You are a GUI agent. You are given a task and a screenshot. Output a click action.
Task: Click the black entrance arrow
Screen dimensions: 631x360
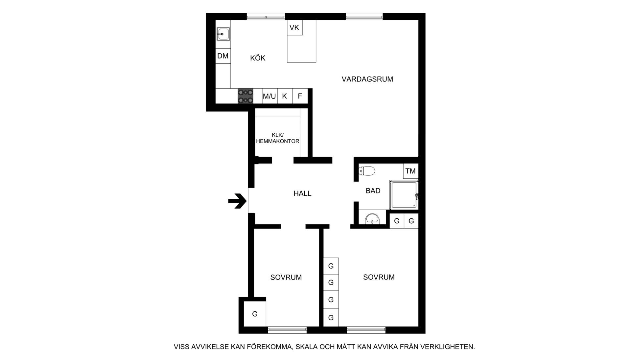click(237, 201)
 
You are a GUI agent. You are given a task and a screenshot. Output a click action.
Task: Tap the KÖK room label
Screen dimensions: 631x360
click(258, 58)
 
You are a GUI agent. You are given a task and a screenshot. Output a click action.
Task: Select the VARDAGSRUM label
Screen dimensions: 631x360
click(367, 79)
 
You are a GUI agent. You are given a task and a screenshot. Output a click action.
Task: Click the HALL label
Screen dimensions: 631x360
click(302, 193)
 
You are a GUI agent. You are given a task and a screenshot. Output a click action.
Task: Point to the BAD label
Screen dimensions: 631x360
click(373, 191)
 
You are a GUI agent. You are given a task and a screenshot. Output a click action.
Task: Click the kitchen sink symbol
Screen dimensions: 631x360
click(223, 34)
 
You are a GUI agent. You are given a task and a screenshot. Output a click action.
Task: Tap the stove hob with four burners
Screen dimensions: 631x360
click(245, 96)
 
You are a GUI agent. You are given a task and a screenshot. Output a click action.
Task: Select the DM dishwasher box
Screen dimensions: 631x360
click(223, 56)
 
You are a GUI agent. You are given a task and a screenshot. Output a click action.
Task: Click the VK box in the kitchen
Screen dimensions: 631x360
click(294, 28)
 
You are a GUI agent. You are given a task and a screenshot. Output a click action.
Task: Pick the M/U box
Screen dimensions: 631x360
click(269, 96)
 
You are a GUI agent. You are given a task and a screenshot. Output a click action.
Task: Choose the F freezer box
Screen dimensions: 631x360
click(300, 96)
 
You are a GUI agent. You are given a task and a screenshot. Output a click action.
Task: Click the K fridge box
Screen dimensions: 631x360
click(285, 96)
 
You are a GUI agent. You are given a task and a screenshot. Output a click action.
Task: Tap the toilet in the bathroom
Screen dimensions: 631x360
click(367, 171)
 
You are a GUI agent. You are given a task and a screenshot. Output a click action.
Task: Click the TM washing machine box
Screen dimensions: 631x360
click(411, 171)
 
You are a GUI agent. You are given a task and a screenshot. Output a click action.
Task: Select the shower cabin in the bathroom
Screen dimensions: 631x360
click(404, 195)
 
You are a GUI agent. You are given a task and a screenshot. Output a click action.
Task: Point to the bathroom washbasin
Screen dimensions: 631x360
click(372, 219)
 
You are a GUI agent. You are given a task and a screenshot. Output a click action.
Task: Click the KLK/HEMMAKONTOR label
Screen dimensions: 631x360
click(278, 138)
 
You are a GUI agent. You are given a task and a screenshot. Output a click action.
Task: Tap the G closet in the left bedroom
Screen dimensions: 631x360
click(255, 314)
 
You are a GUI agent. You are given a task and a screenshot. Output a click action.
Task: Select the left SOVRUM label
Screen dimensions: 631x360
click(286, 278)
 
